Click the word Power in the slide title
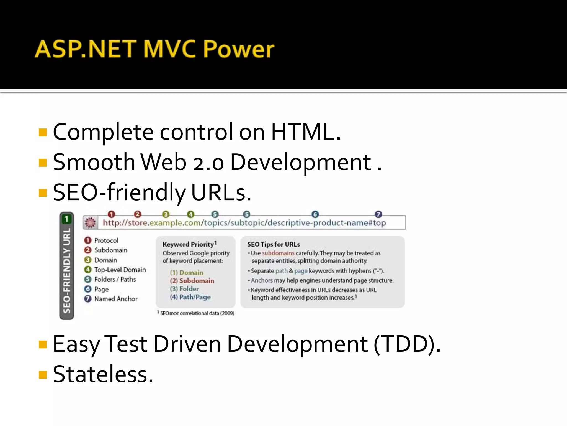pos(239,49)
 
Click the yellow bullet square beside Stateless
pos(43,375)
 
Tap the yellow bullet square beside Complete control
pos(43,133)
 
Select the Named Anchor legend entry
pos(116,299)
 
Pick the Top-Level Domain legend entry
pos(120,270)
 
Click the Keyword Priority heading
pos(188,244)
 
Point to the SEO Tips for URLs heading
pos(274,244)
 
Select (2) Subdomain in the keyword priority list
pos(192,281)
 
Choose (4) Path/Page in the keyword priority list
pos(190,297)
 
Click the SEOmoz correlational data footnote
pos(197,313)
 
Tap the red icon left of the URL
pos(90,223)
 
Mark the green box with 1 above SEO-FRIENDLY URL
pos(66,219)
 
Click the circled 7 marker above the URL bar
pos(378,214)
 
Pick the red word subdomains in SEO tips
pos(278,253)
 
